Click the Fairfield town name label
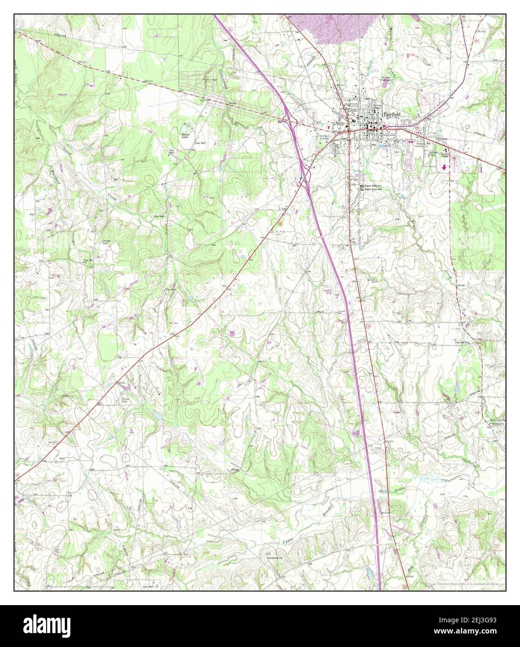coord(392,114)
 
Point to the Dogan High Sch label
coord(373,185)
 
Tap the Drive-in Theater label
coord(324,137)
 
